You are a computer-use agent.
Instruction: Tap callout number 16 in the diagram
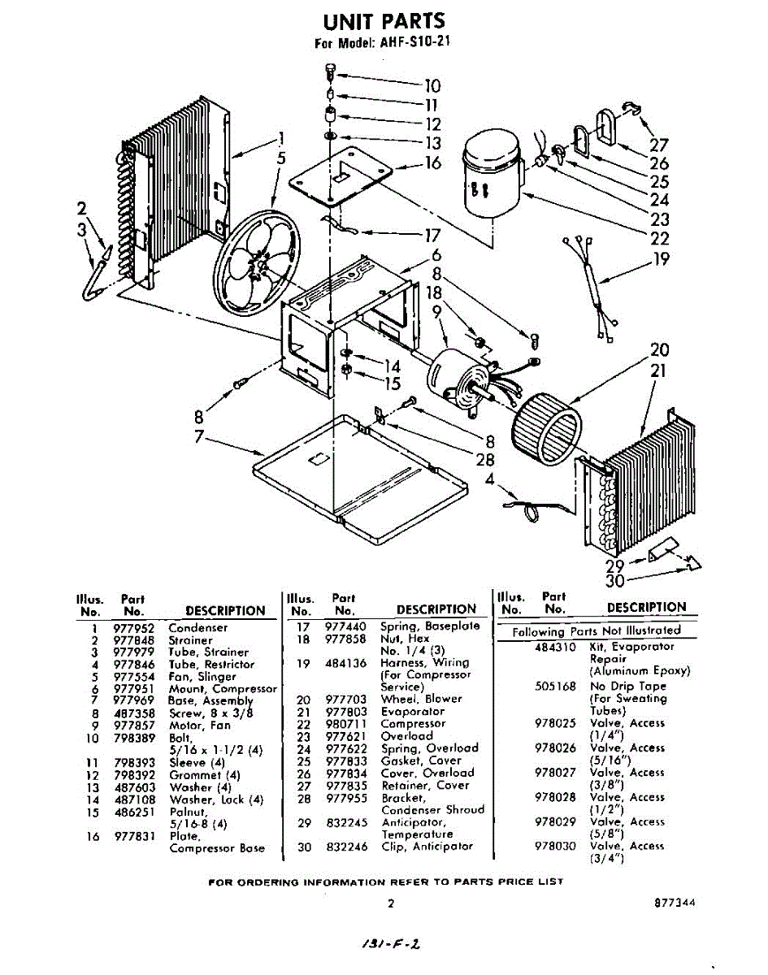pyautogui.click(x=432, y=163)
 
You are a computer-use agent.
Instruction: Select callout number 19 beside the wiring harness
pyautogui.click(x=661, y=260)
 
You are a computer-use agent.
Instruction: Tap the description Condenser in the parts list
pyautogui.click(x=197, y=627)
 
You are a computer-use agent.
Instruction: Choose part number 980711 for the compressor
pyautogui.click(x=345, y=723)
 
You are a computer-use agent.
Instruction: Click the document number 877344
pyautogui.click(x=676, y=903)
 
